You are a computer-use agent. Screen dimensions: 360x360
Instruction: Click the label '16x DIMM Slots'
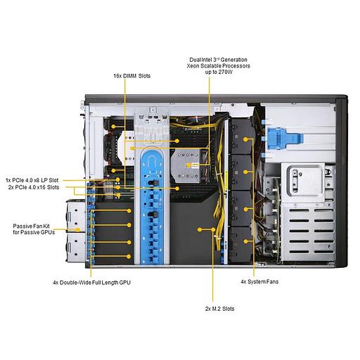pos(131,75)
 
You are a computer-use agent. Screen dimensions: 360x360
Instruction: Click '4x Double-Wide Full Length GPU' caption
pos(91,282)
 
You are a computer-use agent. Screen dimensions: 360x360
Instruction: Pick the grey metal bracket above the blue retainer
pos(150,123)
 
